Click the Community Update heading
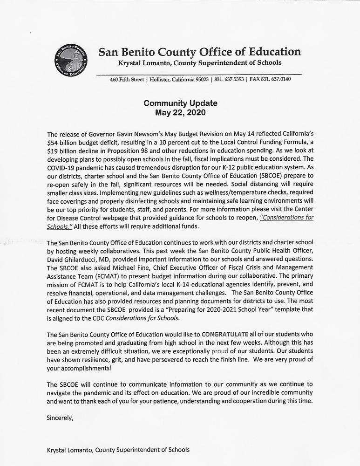(180, 103)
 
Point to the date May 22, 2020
(180, 112)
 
